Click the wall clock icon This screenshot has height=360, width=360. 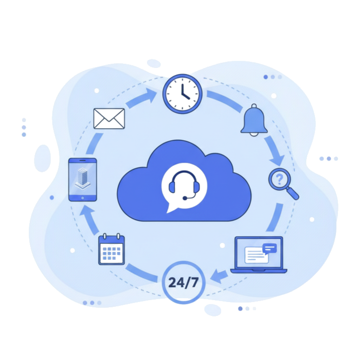click(x=182, y=93)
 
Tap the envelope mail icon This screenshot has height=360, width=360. click(x=109, y=118)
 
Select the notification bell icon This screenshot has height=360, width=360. click(x=254, y=120)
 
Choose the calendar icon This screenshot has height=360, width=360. click(x=112, y=249)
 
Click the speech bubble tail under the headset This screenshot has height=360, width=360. click(x=169, y=209)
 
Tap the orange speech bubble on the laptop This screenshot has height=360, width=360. click(x=270, y=248)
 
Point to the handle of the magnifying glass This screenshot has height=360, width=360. click(x=293, y=194)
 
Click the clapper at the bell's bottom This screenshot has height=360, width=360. click(x=254, y=134)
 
